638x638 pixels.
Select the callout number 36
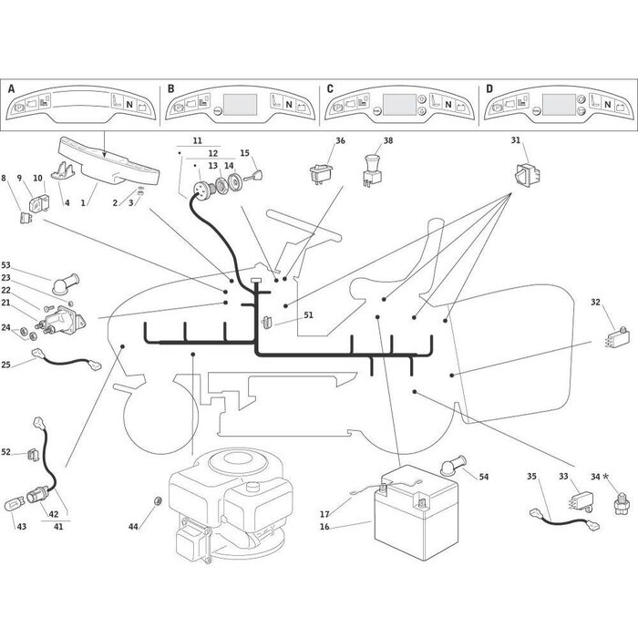click(340, 140)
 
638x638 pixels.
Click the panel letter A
click(12, 88)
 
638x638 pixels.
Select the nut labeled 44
click(158, 501)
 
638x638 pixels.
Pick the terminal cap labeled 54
click(448, 468)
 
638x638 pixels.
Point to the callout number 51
click(308, 315)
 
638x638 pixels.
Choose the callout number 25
click(6, 365)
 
